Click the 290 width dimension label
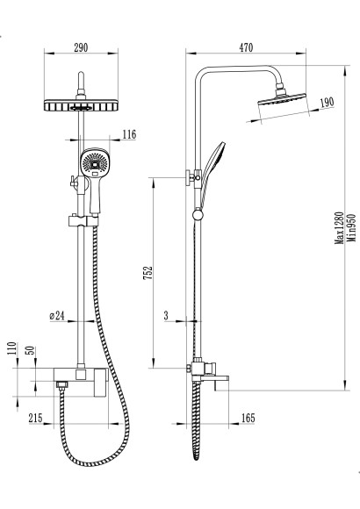pos(81,47)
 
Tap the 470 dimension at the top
pos(246,47)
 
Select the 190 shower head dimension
pos(327,103)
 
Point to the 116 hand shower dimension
pos(129,134)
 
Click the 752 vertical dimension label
pos(148,273)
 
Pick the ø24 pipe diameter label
pos(57,316)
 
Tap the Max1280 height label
pos(339,228)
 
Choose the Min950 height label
pos(351,228)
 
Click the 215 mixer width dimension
pos(35,418)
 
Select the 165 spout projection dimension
pos(248,418)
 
